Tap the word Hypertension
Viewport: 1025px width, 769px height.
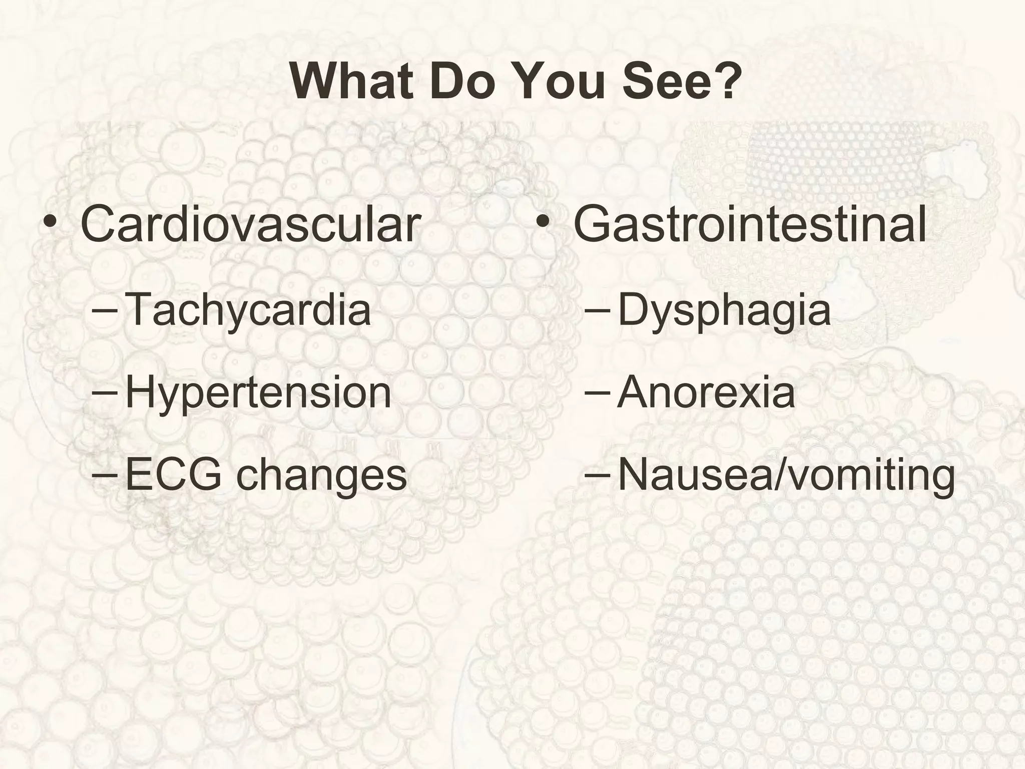258,392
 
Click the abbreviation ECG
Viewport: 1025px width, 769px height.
173,474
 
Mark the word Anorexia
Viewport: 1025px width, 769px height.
706,392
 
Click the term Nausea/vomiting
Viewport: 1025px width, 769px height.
786,475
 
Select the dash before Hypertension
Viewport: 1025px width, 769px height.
105,392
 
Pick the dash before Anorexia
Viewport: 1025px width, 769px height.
597,392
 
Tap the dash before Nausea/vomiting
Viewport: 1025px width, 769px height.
597,474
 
